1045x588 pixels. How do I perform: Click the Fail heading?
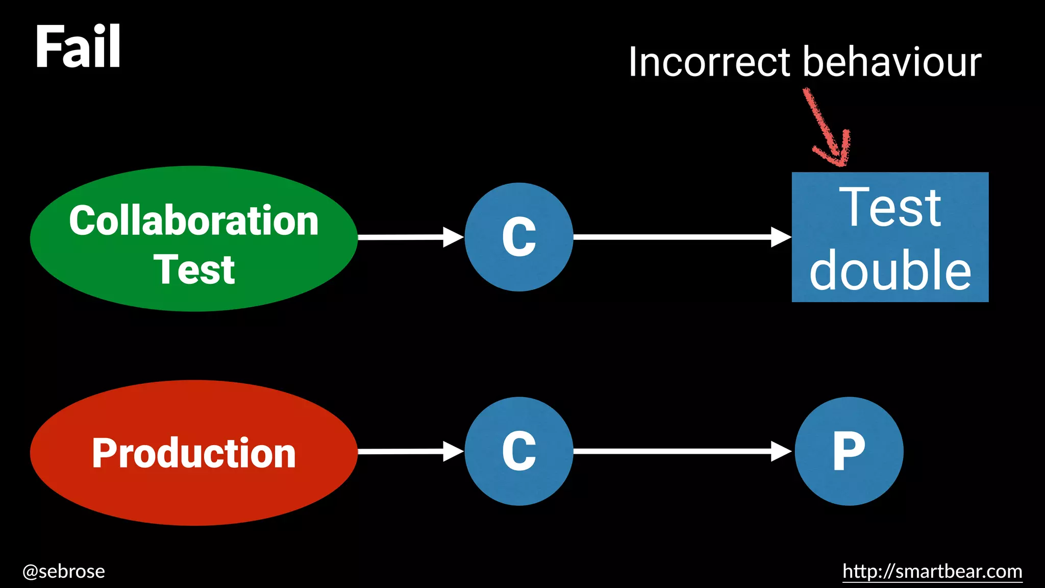click(78, 47)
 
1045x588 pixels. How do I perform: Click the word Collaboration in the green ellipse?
click(194, 220)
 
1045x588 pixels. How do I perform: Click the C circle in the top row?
click(519, 237)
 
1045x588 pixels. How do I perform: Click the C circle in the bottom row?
click(519, 451)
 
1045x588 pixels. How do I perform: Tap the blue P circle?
click(849, 451)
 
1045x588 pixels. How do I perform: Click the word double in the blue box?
click(890, 271)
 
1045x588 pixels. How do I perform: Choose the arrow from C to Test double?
click(682, 237)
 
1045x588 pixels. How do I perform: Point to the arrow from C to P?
click(682, 451)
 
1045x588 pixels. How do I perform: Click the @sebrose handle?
click(64, 571)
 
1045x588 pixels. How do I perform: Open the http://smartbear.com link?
click(932, 571)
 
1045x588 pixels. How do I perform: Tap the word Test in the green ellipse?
click(194, 269)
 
